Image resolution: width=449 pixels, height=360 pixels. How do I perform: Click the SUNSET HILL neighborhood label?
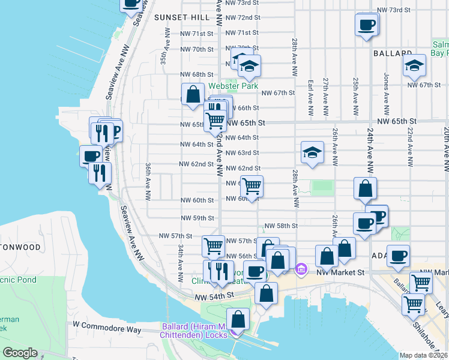pos(180,18)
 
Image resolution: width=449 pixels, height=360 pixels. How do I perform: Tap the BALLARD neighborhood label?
pos(393,53)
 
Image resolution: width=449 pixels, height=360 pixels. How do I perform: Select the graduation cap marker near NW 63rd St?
pos(312,153)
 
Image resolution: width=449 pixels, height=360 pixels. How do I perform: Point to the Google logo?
pos(20,353)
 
